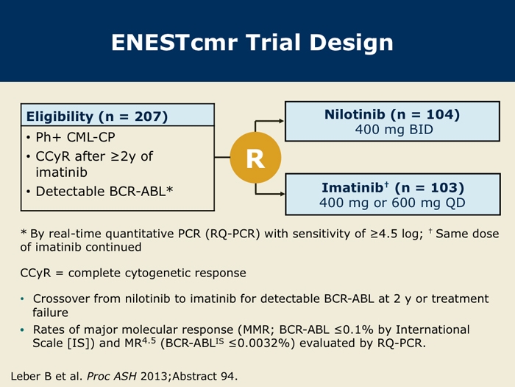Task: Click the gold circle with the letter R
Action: click(x=255, y=158)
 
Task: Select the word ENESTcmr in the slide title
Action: click(x=174, y=43)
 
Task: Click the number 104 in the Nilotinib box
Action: click(x=438, y=114)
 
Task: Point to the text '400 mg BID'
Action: click(x=394, y=129)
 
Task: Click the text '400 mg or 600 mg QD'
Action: click(x=392, y=203)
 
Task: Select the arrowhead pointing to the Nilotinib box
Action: click(x=281, y=121)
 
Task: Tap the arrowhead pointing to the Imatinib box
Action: click(x=282, y=194)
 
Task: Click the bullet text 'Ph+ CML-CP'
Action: click(x=75, y=137)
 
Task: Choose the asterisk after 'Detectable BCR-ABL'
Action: click(x=169, y=189)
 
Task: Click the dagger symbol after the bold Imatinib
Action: click(x=386, y=184)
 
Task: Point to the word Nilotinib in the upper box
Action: click(x=355, y=114)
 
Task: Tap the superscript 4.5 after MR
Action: click(x=149, y=340)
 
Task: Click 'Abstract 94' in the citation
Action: click(x=204, y=376)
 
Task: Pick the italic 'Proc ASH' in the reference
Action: click(x=112, y=376)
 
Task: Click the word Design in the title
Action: click(x=352, y=43)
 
